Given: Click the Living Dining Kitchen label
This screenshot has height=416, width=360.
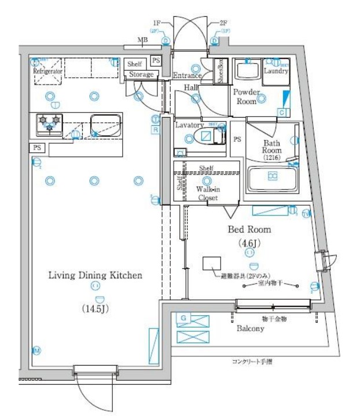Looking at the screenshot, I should point(95,276).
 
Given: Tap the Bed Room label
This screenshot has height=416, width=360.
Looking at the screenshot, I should point(249,229).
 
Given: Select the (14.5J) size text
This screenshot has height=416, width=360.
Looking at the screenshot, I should point(95,308).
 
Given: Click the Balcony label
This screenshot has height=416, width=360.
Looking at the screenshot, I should point(250,329).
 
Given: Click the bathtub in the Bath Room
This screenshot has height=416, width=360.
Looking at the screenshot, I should point(271,179).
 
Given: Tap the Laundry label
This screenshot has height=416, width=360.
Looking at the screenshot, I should point(275,71).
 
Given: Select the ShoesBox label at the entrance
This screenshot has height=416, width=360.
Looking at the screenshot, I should point(221,72).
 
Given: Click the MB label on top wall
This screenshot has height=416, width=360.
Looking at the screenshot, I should point(142,40).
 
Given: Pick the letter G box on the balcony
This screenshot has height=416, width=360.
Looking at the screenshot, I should point(183,318).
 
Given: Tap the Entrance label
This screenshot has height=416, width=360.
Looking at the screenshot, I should point(187,75).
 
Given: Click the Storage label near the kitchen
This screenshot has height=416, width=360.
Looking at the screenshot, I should point(141,75).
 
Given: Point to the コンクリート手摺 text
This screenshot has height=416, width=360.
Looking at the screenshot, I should point(252,362).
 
